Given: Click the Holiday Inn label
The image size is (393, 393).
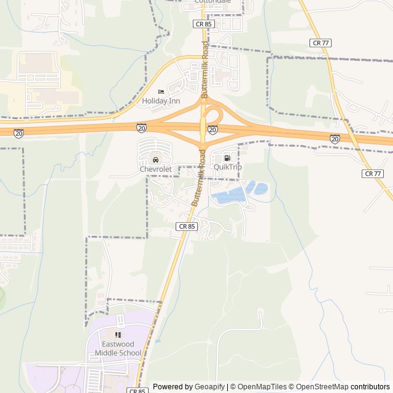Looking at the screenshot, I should coord(161,100).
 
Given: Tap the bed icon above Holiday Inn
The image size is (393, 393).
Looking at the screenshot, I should coord(161,91).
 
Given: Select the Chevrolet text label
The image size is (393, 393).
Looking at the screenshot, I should coord(155,169).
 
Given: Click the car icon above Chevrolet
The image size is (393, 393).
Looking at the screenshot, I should coord(155,160).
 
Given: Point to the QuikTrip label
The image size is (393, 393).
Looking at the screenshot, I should coord(228,167).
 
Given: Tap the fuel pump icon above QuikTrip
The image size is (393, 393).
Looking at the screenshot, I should coord(227,158).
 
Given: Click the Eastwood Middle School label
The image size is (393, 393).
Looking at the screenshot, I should coord(118,349).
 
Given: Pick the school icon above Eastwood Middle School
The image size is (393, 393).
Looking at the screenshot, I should coord(118,335).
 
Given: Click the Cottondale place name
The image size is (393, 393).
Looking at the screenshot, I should coord(212,2).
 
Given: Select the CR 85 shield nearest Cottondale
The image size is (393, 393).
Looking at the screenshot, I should coord(203,24).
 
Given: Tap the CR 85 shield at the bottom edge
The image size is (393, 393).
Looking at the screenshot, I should coord(138,390).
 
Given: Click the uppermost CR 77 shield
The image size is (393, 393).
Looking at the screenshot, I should coord(320,42).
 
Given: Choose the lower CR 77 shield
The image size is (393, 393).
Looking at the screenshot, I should coord(373,174).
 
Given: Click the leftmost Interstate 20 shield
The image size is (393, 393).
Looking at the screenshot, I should coord(18,133).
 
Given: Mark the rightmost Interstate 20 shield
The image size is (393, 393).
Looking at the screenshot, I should coord(335,139).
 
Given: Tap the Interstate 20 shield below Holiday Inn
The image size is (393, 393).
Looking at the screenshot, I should coord(142,128).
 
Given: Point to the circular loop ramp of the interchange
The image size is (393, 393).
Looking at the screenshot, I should coord(212,114).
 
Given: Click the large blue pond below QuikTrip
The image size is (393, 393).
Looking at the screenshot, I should coord(228,196).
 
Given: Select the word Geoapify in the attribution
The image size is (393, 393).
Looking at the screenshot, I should coord(209,387).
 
